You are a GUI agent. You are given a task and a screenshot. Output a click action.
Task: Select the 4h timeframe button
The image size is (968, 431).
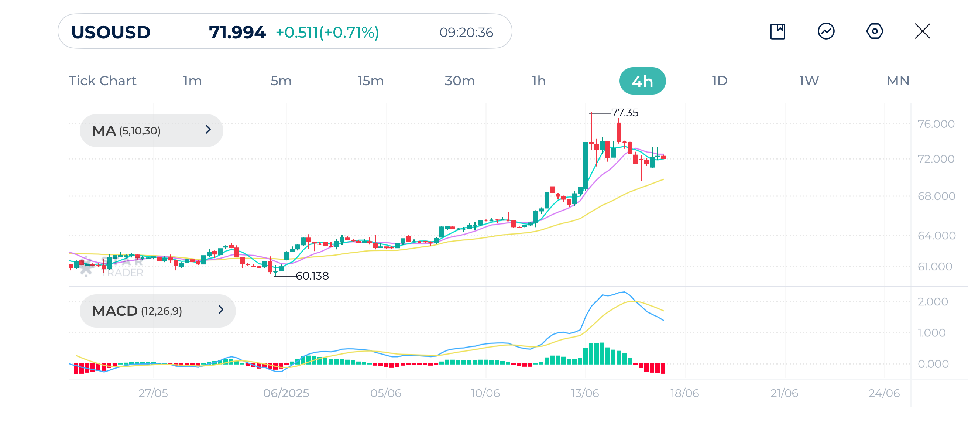coord(642,81)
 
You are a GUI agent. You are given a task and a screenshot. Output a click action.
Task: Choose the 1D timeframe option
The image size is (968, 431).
coord(720,81)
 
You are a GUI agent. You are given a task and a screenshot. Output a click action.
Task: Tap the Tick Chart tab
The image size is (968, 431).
coord(102,81)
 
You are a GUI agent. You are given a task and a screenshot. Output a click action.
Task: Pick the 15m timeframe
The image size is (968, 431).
coord(370,81)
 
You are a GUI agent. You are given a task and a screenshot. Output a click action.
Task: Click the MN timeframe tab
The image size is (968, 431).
coord(898,81)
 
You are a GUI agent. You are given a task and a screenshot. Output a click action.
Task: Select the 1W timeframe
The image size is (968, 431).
coord(809,81)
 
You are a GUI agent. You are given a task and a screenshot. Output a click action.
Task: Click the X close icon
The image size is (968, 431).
coord(922,31)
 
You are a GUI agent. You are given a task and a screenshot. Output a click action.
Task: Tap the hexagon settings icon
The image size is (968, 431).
coord(875,31)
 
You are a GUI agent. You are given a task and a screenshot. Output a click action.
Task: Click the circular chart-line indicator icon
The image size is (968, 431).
coord(826,31)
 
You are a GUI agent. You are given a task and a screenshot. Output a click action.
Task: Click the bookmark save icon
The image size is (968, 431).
coord(778,31)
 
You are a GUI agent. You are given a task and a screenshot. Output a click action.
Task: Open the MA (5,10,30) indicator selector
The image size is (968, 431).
coord(151,131)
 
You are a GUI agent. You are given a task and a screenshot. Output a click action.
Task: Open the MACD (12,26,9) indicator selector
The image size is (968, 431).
coord(157,311)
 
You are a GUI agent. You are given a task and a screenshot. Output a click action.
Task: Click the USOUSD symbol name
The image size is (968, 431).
coord(111,32)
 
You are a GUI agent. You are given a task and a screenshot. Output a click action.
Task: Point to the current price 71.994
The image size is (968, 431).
coord(237,32)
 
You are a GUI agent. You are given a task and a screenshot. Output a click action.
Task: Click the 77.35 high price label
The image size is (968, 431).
coord(625,113)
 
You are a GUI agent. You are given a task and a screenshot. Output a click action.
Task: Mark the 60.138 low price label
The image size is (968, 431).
coord(312,276)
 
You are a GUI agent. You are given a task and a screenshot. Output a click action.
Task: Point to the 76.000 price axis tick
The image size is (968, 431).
coord(936,124)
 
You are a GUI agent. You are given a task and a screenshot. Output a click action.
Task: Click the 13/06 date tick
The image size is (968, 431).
coord(585,393)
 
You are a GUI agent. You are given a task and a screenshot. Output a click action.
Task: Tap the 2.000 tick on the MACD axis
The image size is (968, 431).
coord(933,302)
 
